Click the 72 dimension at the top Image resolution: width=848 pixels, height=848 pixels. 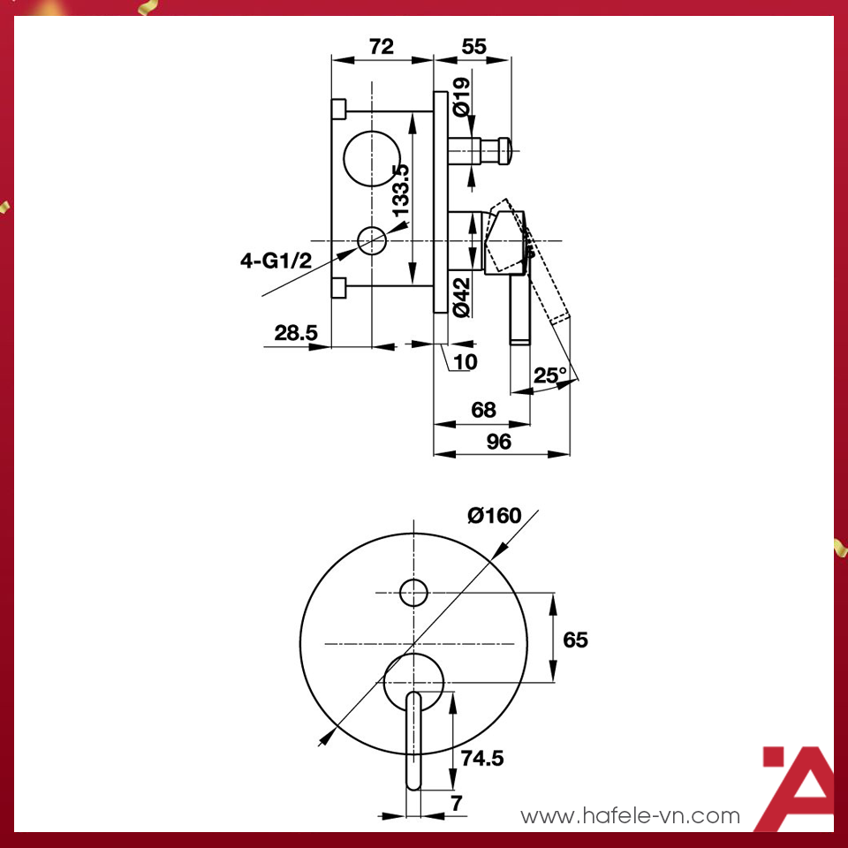pos(382,47)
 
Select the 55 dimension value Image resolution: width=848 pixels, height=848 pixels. pos(473,47)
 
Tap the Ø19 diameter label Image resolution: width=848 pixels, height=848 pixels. pos(460,97)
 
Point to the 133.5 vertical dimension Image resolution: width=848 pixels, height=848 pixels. pos(400,190)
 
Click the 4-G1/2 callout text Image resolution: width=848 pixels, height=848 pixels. pos(276,261)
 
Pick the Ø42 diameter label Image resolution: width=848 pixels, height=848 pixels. pos(460,297)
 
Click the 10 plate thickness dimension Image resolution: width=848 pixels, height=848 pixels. pos(466,361)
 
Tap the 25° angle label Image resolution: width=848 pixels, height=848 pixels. pos(550,375)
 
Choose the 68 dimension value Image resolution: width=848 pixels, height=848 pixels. pos(484,410)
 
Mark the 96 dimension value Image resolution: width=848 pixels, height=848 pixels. pos(499,442)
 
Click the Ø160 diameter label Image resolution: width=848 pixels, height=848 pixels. pos(495,515)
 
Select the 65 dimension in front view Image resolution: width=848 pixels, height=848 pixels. pos(575,639)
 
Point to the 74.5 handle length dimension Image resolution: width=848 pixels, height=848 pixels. pos(483,757)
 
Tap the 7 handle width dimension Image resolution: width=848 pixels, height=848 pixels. pos(456,803)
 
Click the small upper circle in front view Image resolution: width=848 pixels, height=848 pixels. pos(413,592)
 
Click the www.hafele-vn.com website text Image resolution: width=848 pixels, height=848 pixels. pos(630,815)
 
